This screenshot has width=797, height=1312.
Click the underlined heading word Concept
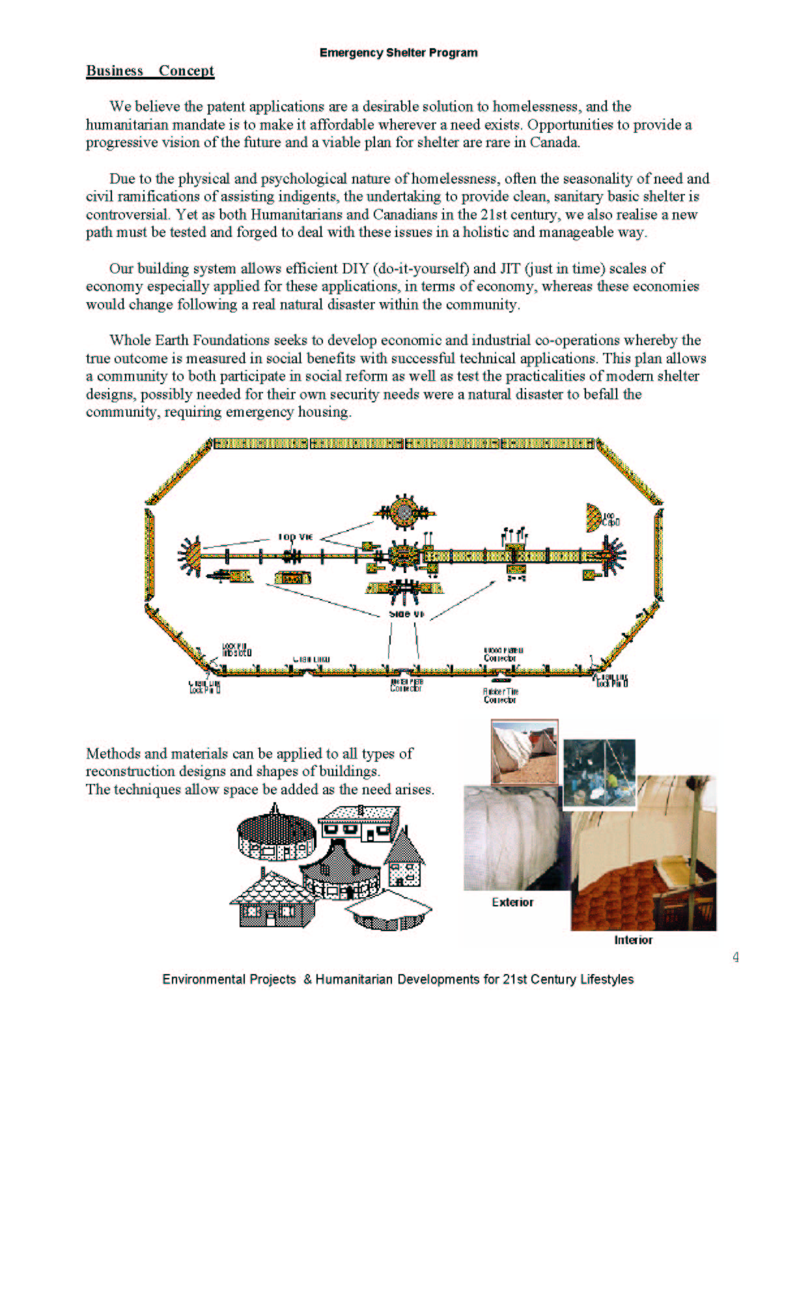(x=186, y=71)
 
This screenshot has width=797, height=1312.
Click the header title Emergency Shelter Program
(x=398, y=53)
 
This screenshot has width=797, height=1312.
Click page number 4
(x=736, y=957)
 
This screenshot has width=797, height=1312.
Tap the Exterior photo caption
(x=512, y=902)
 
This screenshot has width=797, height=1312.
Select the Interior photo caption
(x=633, y=940)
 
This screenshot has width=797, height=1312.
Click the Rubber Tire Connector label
(x=500, y=695)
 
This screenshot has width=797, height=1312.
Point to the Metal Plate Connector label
(x=406, y=685)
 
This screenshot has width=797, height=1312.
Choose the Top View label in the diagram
(x=296, y=537)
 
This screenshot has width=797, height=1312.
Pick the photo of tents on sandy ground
(x=524, y=752)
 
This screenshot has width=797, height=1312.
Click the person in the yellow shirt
(x=612, y=780)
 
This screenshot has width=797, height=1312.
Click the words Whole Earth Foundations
(x=189, y=341)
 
